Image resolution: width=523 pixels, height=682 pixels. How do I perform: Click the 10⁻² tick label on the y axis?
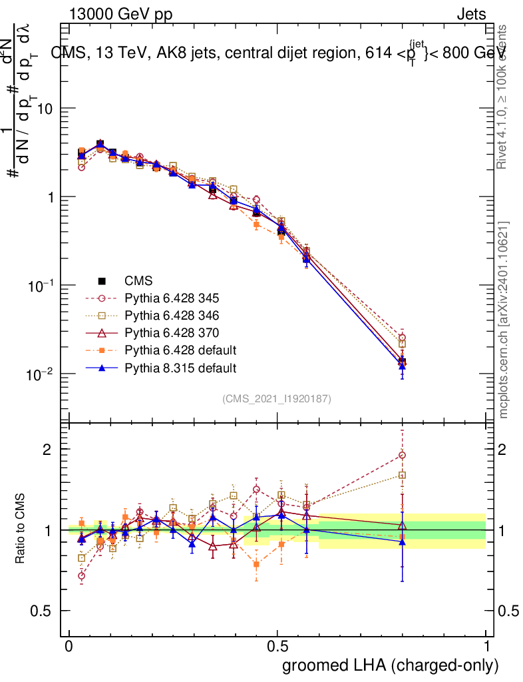(40, 374)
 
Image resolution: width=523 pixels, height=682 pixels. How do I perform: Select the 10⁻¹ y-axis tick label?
(40, 286)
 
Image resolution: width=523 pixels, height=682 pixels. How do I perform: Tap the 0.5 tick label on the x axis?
(277, 647)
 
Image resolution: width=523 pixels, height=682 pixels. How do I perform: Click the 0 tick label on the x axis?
(69, 647)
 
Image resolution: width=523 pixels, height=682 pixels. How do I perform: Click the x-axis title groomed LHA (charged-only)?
(391, 665)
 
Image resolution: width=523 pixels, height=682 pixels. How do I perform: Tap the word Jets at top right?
(470, 14)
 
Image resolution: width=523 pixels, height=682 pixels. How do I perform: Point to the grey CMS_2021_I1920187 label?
(277, 399)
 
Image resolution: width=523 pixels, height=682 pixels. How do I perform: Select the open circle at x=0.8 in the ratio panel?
(402, 456)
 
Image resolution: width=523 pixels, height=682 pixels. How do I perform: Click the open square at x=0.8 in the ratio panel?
(402, 475)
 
